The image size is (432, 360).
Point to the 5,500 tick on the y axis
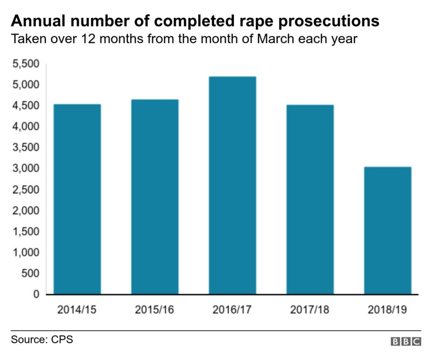pyautogui.click(x=25, y=64)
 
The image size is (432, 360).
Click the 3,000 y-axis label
pyautogui.click(x=25, y=169)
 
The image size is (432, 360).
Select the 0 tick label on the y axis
pyautogui.click(x=36, y=295)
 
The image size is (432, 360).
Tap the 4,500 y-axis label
pyautogui.click(x=25, y=106)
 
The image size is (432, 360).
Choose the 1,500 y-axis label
pyautogui.click(x=25, y=232)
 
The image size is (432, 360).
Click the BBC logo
pyautogui.click(x=406, y=342)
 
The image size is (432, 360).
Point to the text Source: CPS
pyautogui.click(x=42, y=340)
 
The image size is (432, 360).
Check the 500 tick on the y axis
pyautogui.click(x=30, y=274)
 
